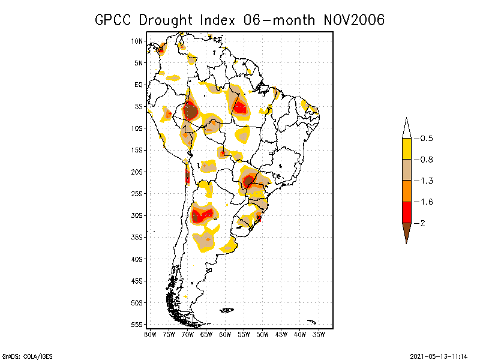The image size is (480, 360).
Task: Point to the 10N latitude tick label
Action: click(137, 41)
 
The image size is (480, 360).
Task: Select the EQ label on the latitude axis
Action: click(139, 85)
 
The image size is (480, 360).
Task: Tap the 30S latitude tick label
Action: click(137, 215)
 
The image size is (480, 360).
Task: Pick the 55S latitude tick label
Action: click(137, 325)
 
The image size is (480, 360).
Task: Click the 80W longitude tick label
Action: click(151, 334)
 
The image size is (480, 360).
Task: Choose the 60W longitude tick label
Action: click(225, 334)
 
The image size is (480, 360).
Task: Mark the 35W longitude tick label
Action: click(319, 334)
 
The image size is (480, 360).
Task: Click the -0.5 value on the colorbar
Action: click(426, 139)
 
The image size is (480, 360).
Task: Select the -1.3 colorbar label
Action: click(426, 181)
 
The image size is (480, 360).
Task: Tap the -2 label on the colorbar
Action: click(422, 223)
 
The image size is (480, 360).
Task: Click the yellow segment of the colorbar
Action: click(407, 149)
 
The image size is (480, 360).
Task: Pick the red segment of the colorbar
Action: click(407, 212)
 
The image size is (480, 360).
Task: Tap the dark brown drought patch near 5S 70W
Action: click(190, 112)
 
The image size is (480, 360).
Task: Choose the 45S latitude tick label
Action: click(137, 281)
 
